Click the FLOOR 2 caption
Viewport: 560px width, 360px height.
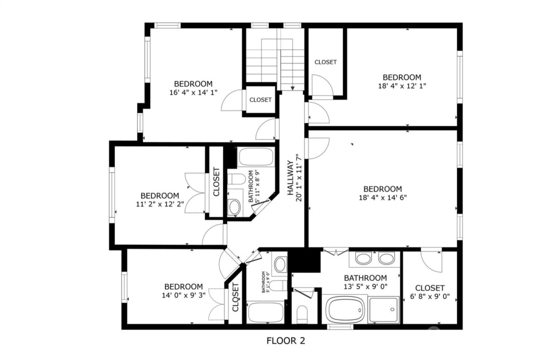pyautogui.click(x=286, y=341)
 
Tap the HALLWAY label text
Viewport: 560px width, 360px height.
pyautogui.click(x=290, y=178)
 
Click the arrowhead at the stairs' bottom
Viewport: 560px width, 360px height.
pyautogui.click(x=293, y=88)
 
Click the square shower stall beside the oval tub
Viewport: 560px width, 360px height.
pyautogui.click(x=384, y=310)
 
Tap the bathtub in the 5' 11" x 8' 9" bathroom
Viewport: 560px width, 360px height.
pyautogui.click(x=256, y=157)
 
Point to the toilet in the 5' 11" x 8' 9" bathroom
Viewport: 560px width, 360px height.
pyautogui.click(x=237, y=179)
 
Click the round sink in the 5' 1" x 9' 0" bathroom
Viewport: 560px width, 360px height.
pyautogui.click(x=280, y=264)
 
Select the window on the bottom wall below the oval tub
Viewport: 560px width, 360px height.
pyautogui.click(x=340, y=327)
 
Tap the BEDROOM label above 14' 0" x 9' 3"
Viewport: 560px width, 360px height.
pyautogui.click(x=184, y=286)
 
